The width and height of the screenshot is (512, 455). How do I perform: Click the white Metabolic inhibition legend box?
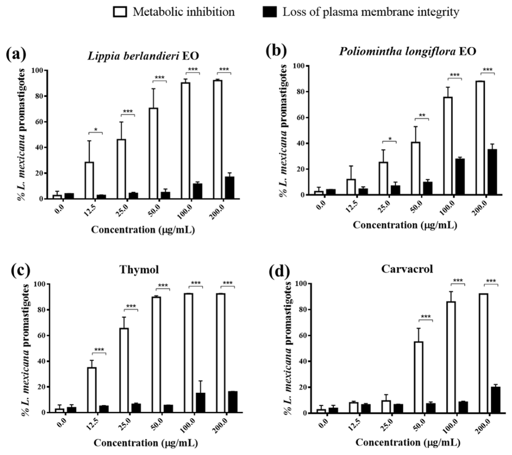pos(120,12)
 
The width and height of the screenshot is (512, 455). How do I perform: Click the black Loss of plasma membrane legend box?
pos(270,12)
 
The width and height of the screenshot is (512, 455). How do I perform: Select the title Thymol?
pos(139,270)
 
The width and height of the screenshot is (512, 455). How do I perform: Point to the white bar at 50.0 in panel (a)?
pos(153,153)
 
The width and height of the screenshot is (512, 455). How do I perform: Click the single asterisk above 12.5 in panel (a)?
pos(95,130)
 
